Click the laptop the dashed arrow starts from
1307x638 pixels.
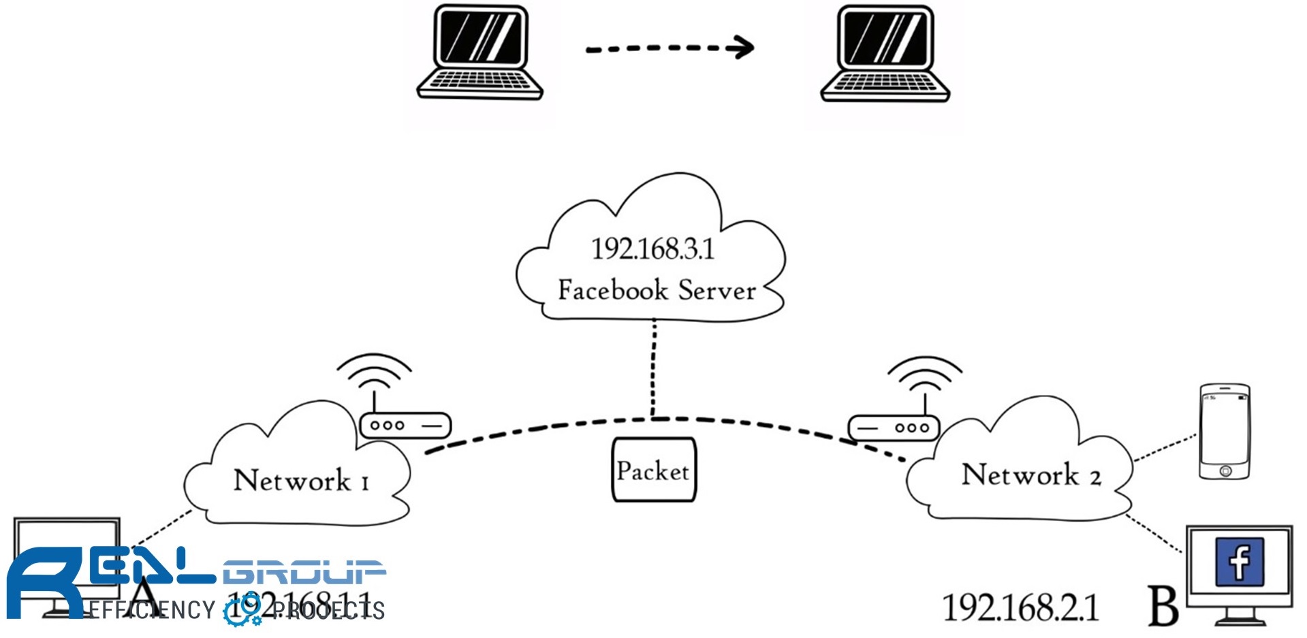click(x=479, y=52)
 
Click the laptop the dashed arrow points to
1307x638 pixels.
click(x=885, y=53)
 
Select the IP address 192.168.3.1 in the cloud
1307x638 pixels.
click(x=652, y=249)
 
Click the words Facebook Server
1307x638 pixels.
click(x=657, y=291)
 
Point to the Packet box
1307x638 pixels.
click(x=654, y=470)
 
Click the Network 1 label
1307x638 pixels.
click(x=300, y=481)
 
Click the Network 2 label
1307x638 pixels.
click(x=1030, y=475)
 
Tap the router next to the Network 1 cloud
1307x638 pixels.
click(x=405, y=426)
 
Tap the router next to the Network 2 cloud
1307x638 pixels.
click(x=894, y=428)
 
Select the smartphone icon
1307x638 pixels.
click(x=1225, y=431)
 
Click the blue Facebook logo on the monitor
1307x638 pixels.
click(x=1240, y=562)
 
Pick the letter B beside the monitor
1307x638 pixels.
click(x=1163, y=606)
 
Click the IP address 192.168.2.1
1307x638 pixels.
click(x=1020, y=607)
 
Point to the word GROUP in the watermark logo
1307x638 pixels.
click(x=304, y=573)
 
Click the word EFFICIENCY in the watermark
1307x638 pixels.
click(x=151, y=610)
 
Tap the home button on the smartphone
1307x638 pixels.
click(x=1225, y=470)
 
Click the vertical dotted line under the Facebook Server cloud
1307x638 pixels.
click(x=653, y=368)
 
